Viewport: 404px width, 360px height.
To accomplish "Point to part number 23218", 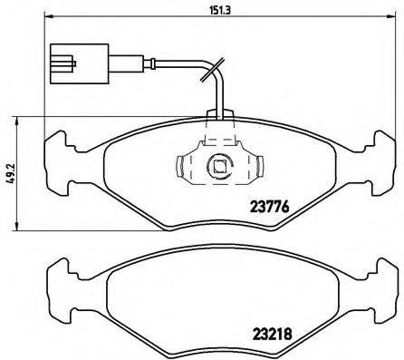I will tap(268, 332).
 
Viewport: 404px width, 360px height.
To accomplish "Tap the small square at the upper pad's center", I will tap(218, 166).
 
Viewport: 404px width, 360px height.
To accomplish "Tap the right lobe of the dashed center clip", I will tap(256, 166).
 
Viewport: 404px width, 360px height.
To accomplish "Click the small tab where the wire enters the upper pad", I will tap(218, 115).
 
